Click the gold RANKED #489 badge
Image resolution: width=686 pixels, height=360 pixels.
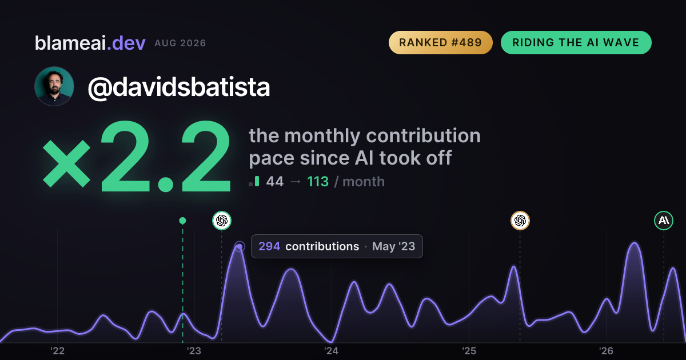tap(440, 42)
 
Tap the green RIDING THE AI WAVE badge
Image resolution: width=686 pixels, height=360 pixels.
tap(576, 42)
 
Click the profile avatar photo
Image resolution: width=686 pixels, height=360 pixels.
tap(54, 86)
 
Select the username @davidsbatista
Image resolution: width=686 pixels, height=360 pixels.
tap(179, 87)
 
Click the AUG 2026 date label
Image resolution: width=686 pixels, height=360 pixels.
tap(180, 43)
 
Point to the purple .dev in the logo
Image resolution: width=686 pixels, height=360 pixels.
tap(126, 43)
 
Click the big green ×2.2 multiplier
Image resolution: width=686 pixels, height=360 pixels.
tap(137, 156)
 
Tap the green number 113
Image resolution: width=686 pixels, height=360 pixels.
tap(318, 182)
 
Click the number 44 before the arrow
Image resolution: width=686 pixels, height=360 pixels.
tap(275, 182)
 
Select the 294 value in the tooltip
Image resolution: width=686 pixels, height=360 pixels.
tap(269, 246)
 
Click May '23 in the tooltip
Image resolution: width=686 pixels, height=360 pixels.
tap(393, 246)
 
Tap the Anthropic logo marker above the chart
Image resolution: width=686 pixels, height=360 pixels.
tap(664, 221)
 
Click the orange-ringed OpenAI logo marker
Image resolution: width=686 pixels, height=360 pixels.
tap(520, 221)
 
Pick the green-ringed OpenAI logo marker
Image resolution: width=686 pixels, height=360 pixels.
tap(222, 221)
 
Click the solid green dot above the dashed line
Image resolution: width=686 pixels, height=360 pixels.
tap(182, 221)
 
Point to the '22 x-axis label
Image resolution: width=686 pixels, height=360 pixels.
tap(57, 351)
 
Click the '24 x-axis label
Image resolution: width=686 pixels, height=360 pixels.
tap(332, 351)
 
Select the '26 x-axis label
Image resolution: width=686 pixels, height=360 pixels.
tap(606, 351)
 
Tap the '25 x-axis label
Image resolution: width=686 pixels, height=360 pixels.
tap(469, 351)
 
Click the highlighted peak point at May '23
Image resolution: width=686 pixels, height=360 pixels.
tap(240, 246)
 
